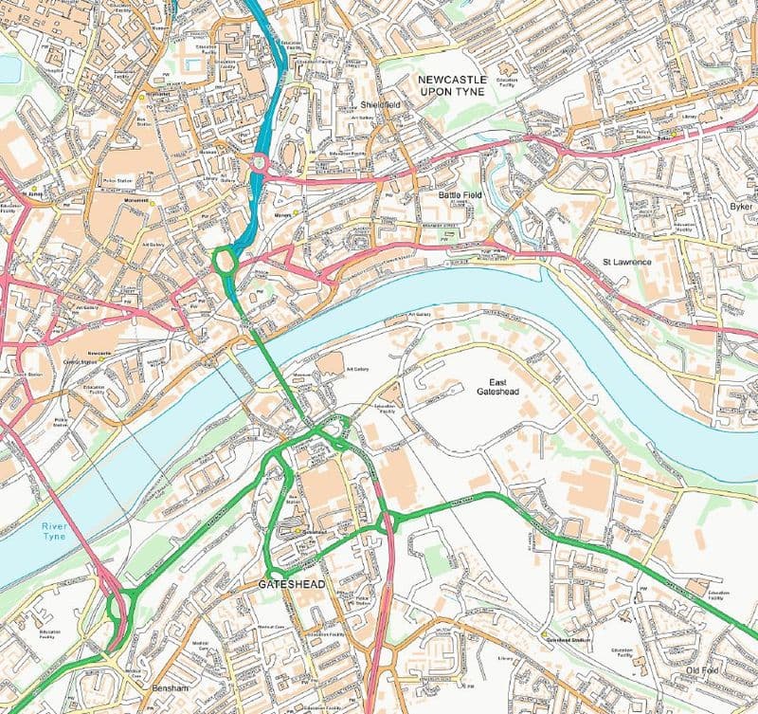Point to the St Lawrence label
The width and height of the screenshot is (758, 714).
(x=626, y=261)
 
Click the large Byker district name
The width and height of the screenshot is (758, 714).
(x=741, y=206)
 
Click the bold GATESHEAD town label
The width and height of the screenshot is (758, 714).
(x=291, y=585)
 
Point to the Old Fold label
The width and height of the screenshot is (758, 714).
(x=706, y=671)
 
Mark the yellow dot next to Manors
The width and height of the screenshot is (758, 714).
(x=296, y=213)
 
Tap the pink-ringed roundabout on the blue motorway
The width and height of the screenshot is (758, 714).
(x=258, y=162)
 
